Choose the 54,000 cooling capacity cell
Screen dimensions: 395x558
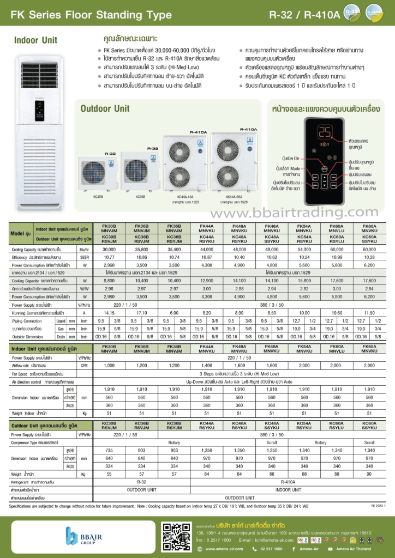(x=304, y=248)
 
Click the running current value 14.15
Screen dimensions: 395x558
(x=109, y=313)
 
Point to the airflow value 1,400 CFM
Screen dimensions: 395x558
(x=206, y=365)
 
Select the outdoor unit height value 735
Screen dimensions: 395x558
(x=109, y=450)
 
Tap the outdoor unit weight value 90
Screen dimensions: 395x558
(x=369, y=474)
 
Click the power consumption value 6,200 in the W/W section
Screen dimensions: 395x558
(x=369, y=296)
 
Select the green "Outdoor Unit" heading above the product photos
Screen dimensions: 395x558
(x=105, y=108)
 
